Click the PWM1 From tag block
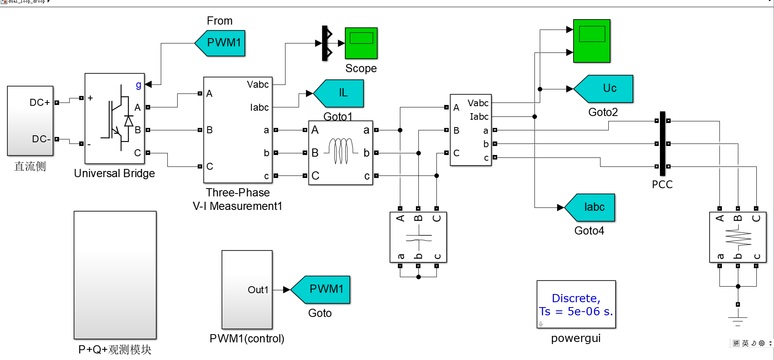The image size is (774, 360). click(221, 43)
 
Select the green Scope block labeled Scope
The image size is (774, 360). click(361, 43)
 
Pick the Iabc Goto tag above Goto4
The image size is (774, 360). click(592, 207)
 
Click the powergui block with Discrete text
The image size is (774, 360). click(576, 304)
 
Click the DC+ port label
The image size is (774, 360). click(39, 103)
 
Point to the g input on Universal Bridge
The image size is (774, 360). click(139, 84)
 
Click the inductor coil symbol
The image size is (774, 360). click(340, 152)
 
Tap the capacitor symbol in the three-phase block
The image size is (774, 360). click(418, 237)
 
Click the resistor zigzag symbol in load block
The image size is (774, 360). click(738, 238)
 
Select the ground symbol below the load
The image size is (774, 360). click(737, 320)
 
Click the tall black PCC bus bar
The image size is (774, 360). click(662, 144)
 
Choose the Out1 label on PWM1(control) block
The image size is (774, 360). click(258, 290)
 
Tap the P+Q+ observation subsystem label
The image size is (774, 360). click(115, 349)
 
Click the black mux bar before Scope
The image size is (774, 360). click(325, 43)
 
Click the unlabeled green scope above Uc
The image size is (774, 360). click(591, 41)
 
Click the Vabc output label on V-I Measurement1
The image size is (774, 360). click(258, 84)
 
